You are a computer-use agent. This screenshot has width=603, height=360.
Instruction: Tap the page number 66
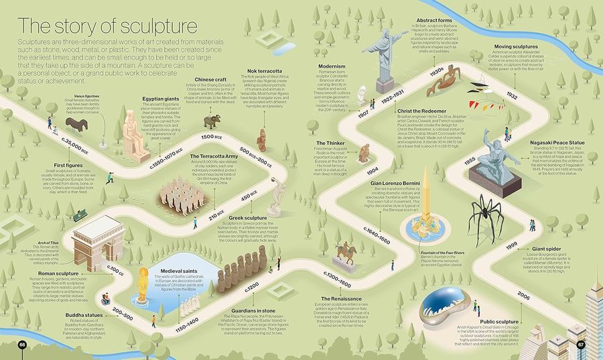tap(21, 344)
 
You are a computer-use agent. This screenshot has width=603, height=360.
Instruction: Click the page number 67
tap(581, 344)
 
